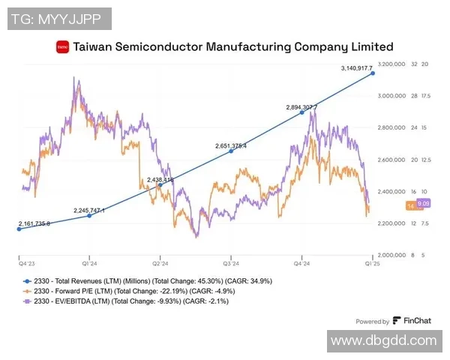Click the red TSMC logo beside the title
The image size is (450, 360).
pos(62,47)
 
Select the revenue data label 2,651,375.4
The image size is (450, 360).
pos(231,145)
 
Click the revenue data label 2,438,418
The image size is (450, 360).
pos(160,180)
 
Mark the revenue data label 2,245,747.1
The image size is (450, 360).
pos(89,211)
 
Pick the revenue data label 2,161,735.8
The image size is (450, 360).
pos(34,224)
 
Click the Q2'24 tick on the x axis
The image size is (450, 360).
pos(160,264)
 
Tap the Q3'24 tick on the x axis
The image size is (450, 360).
pos(230,264)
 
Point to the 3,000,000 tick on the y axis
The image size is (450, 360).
pos(391,96)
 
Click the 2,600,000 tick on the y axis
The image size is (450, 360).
pos(391,160)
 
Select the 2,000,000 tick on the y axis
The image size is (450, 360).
pos(391,255)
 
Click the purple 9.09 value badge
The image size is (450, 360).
pos(423,203)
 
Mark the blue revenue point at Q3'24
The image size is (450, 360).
pos(231,151)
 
